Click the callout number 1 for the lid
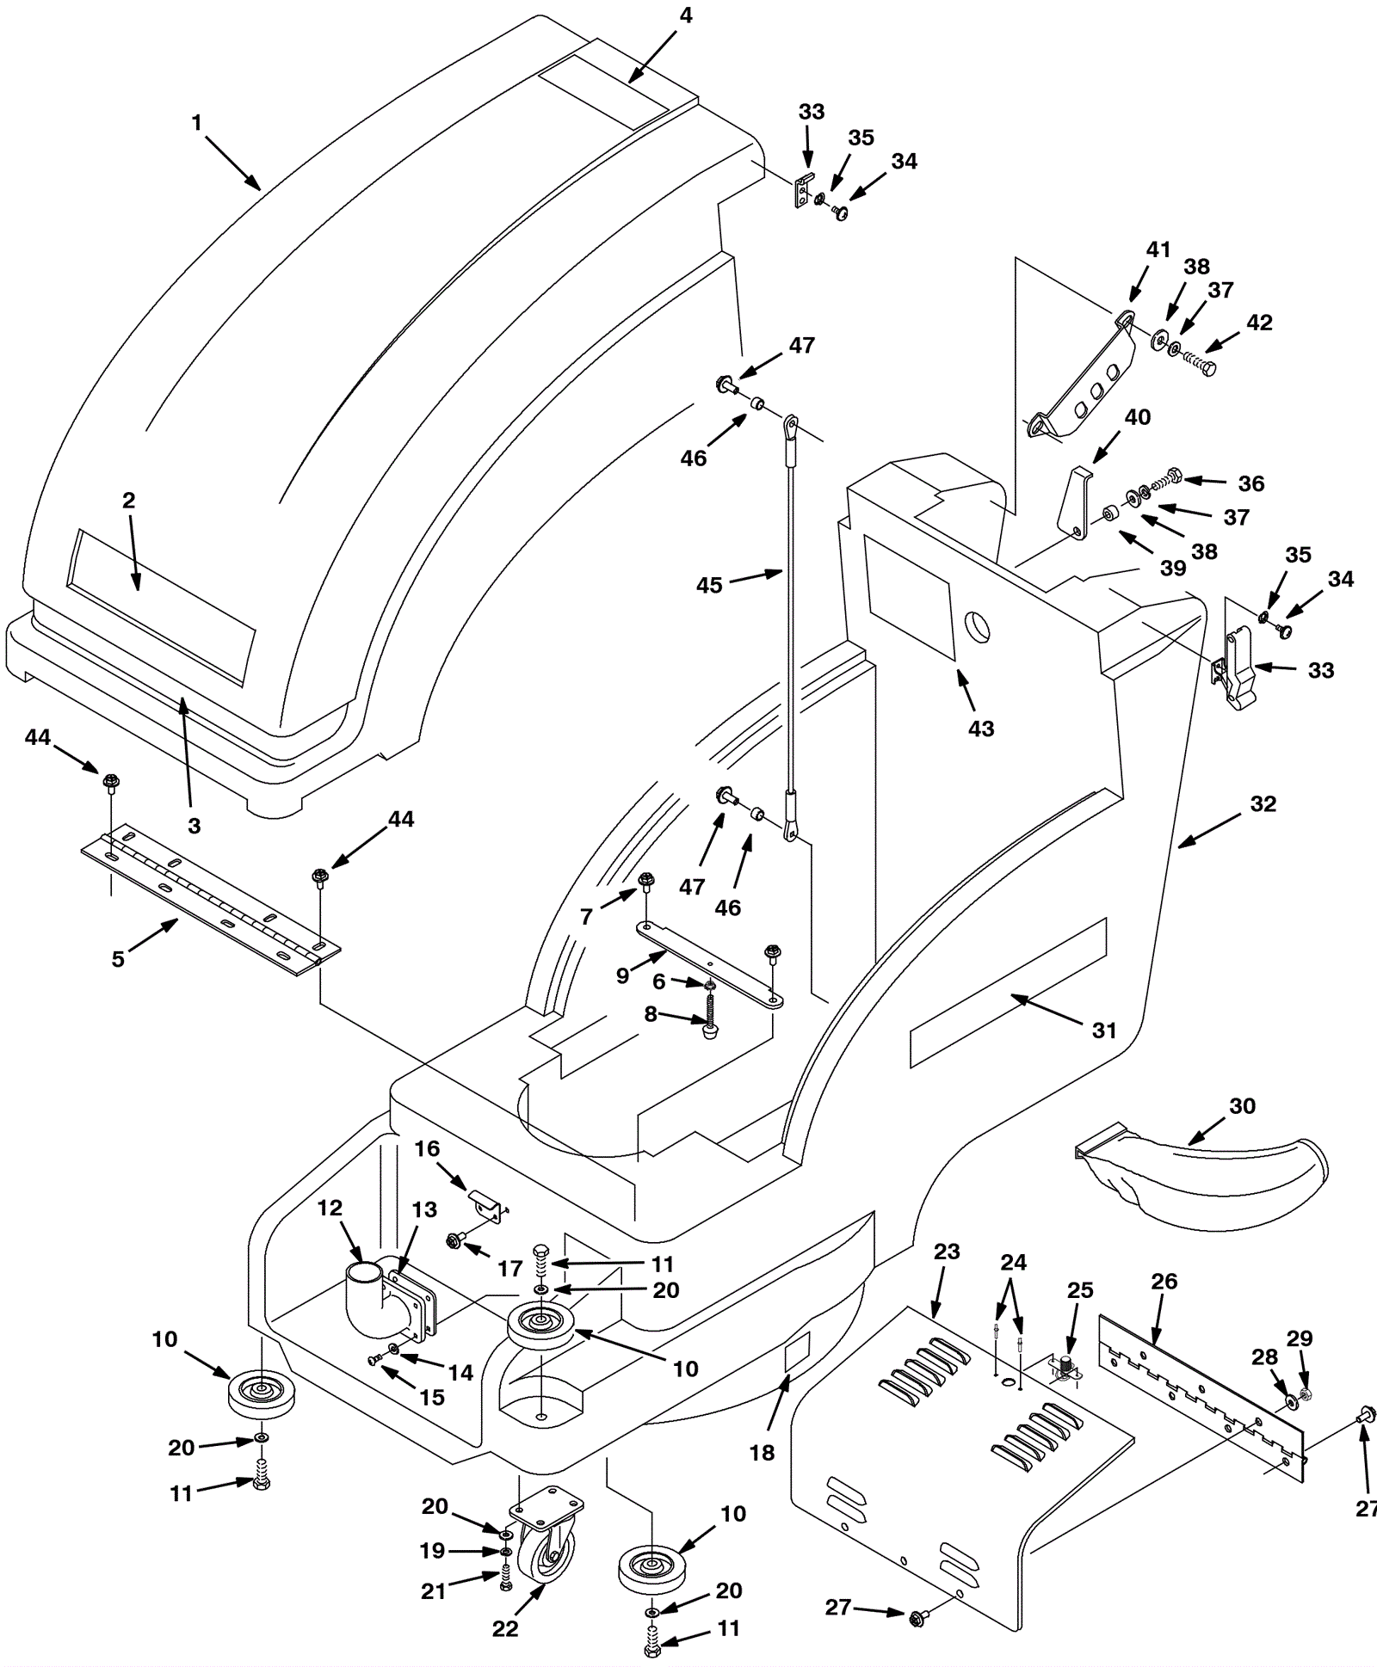196,123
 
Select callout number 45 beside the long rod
709,585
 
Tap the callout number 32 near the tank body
1263,803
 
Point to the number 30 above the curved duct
1242,1105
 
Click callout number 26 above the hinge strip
1164,1281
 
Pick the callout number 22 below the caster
505,1629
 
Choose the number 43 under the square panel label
981,728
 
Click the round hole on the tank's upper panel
977,625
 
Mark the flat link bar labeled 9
710,963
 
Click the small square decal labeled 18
798,1356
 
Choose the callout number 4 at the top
685,15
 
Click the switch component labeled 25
1065,1368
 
